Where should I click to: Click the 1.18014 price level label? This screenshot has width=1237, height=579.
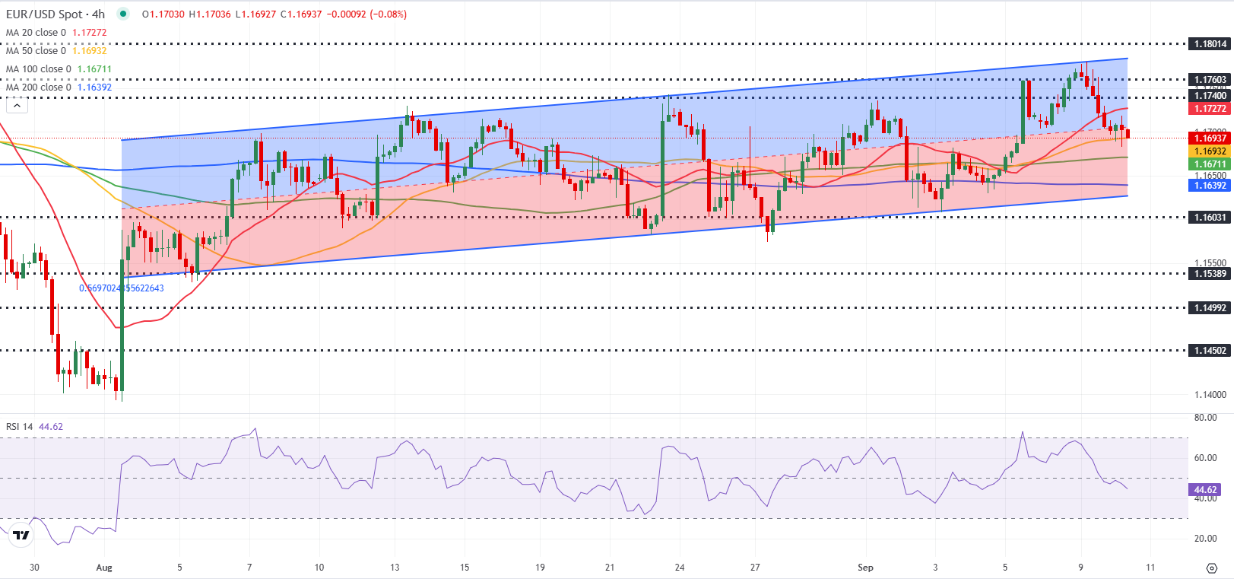[1209, 44]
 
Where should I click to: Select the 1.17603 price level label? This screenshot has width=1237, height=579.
[1209, 80]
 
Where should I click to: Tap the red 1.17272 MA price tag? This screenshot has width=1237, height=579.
[1209, 109]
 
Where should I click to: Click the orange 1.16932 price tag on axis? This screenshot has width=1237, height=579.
[1209, 151]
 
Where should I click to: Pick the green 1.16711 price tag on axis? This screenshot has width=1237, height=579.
[1209, 164]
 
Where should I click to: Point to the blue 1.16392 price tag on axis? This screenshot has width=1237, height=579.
[1209, 186]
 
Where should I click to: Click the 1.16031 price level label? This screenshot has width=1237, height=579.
[1209, 218]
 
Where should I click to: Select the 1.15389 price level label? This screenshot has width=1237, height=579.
[1209, 274]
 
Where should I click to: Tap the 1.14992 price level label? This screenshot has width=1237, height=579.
[1209, 308]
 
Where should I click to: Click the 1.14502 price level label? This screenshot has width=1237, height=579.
[1209, 351]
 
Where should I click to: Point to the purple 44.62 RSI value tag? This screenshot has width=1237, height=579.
[1205, 490]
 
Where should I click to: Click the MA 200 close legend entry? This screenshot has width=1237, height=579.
[38, 87]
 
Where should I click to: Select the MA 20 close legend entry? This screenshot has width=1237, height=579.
[36, 33]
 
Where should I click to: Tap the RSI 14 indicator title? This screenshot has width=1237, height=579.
[19, 427]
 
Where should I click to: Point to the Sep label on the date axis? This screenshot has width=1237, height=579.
[865, 568]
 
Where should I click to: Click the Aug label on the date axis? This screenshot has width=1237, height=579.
[104, 568]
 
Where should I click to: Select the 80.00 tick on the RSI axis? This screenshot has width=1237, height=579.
[1205, 418]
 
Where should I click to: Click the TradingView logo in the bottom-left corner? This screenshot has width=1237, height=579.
[21, 536]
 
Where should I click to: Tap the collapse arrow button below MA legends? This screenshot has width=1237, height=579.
[17, 106]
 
